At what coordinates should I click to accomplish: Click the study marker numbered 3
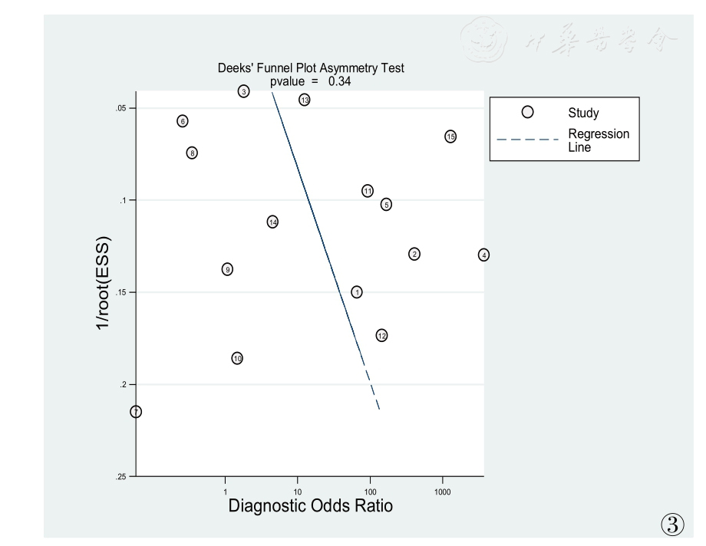(x=243, y=92)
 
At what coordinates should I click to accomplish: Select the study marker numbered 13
(x=305, y=100)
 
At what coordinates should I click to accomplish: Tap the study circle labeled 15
(x=450, y=136)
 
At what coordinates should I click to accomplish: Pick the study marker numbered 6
(x=183, y=121)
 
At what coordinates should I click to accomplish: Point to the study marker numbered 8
(x=193, y=153)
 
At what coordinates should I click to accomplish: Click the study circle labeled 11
(x=368, y=191)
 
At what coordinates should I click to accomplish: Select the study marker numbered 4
(x=483, y=255)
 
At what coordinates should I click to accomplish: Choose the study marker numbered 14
(x=272, y=222)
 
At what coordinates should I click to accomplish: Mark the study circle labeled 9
(x=227, y=269)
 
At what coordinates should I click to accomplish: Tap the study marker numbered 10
(x=238, y=358)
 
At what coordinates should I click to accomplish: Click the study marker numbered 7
(x=136, y=412)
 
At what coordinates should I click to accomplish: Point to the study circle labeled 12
(x=381, y=335)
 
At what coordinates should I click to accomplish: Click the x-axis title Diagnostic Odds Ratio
(x=311, y=506)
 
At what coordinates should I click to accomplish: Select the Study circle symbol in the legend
(x=527, y=112)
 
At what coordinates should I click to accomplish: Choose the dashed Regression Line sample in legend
(x=526, y=140)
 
